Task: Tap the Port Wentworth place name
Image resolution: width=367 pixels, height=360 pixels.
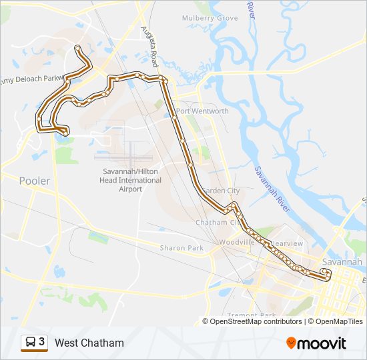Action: tap(202, 111)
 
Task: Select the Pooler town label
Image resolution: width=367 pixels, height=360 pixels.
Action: tap(34, 181)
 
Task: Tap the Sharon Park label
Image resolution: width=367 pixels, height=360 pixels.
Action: tap(181, 248)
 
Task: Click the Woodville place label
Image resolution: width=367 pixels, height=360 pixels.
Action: tap(237, 242)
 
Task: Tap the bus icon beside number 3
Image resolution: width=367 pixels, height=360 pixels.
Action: tap(30, 343)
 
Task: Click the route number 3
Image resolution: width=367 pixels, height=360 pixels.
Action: tap(42, 342)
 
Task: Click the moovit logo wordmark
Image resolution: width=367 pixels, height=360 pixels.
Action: tap(322, 343)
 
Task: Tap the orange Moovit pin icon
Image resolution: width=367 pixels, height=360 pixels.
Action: tap(292, 343)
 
